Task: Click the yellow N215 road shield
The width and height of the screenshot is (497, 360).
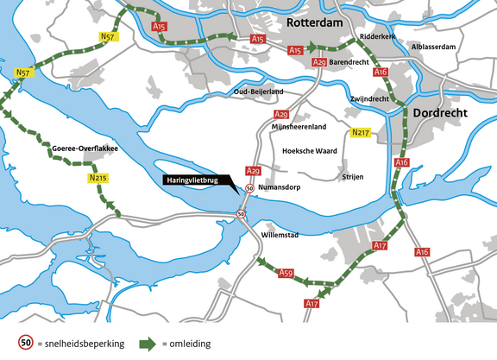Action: point(98,178)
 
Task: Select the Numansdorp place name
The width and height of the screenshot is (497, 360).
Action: point(281,186)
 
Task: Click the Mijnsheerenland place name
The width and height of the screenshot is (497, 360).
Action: point(299,127)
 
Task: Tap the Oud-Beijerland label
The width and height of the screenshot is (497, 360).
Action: point(259,92)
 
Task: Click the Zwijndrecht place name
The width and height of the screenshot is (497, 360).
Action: point(370,98)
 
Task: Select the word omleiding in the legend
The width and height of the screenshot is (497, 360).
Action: point(190,344)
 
